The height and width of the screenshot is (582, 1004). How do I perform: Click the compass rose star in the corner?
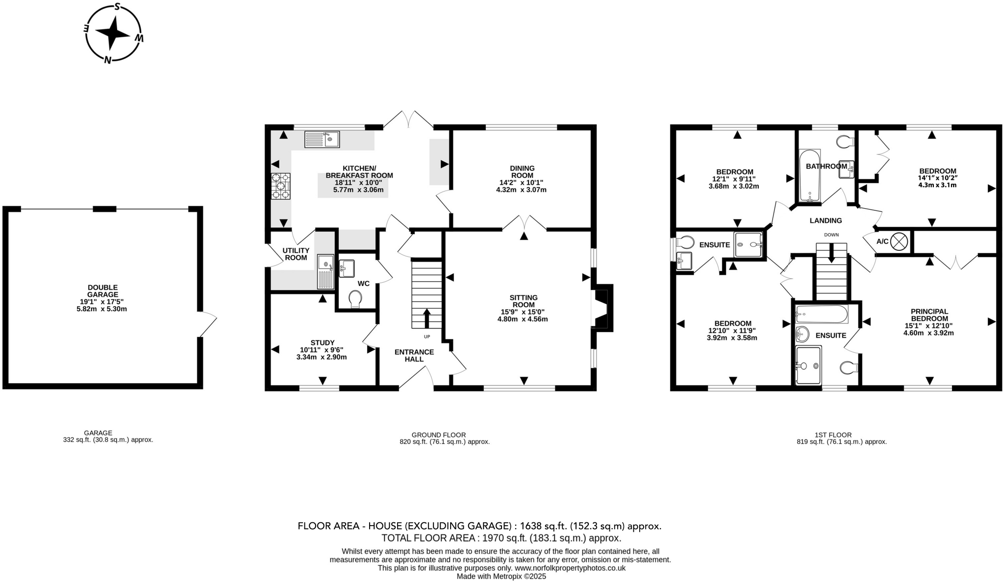click(x=113, y=33)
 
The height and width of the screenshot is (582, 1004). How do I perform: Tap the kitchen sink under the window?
click(x=322, y=139)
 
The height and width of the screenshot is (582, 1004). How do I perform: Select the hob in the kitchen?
click(x=280, y=186)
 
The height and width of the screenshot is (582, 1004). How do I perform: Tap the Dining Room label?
click(x=522, y=171)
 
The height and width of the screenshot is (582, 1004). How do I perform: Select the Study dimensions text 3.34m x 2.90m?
click(x=322, y=357)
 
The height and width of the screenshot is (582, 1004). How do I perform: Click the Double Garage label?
click(x=103, y=291)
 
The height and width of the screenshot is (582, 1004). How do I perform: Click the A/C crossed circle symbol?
click(x=899, y=242)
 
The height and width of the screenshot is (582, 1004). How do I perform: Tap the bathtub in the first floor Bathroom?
click(x=809, y=176)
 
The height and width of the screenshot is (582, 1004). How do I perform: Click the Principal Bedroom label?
click(x=929, y=315)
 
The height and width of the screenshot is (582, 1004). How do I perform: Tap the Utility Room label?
click(x=296, y=254)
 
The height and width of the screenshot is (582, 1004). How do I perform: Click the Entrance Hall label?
click(x=414, y=355)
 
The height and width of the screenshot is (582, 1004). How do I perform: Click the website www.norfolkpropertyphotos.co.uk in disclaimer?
click(x=569, y=568)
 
